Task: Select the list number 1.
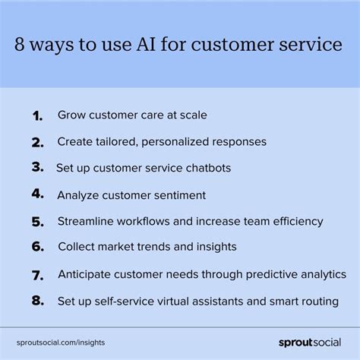36,115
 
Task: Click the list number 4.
37,194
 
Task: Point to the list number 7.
37,274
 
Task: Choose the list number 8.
37,301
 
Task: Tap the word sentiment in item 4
178,195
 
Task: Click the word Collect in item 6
77,247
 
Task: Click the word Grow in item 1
71,115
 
